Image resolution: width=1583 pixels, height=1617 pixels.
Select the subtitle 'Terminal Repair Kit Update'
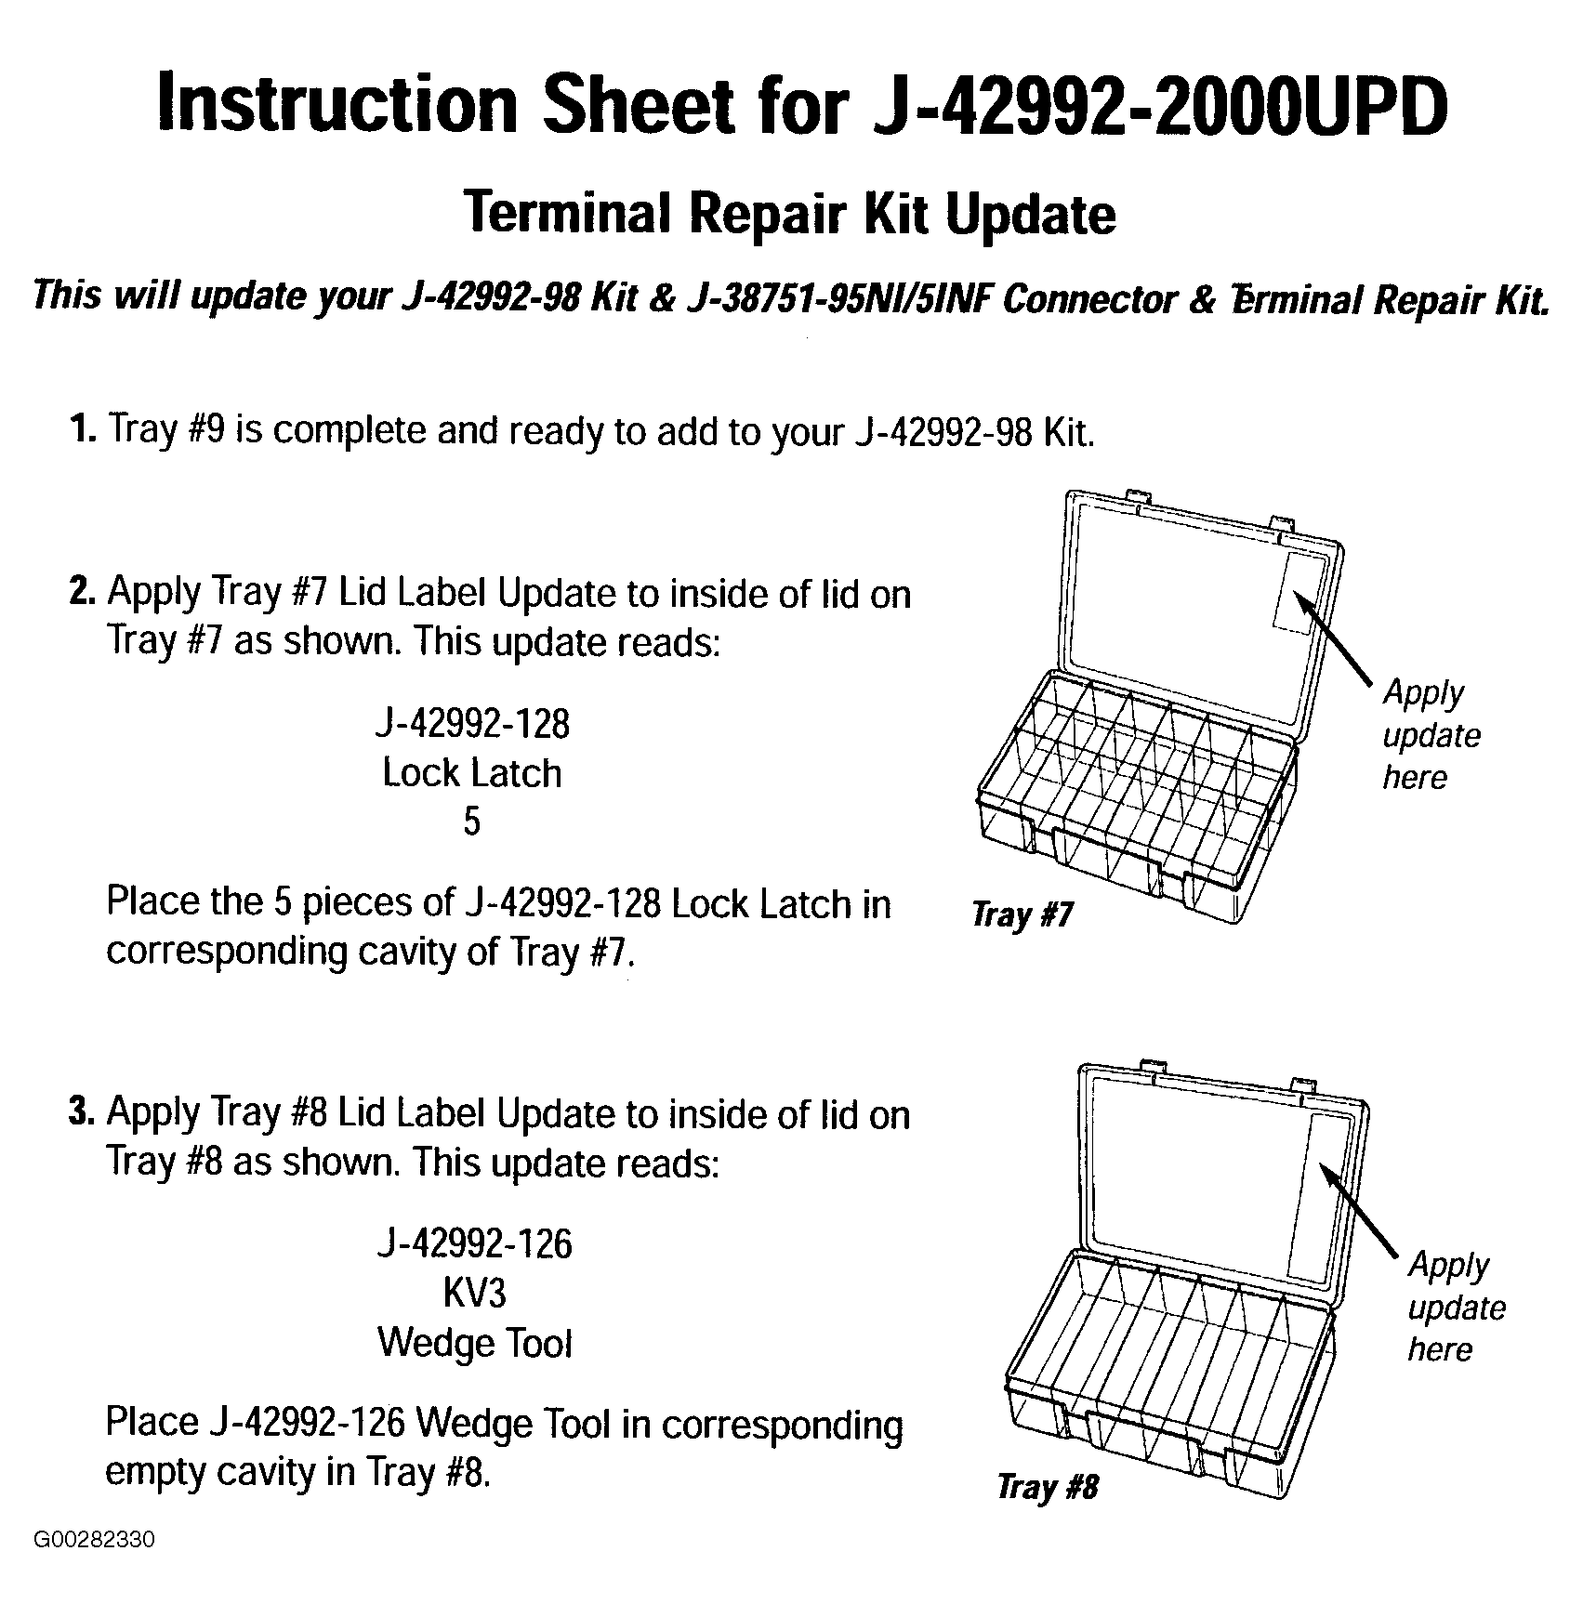pyautogui.click(x=790, y=215)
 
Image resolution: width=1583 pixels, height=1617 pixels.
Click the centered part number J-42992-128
pyautogui.click(x=472, y=723)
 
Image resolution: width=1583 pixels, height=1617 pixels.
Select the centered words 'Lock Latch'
pyautogui.click(x=472, y=772)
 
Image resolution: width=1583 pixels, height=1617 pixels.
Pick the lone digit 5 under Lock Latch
pyautogui.click(x=472, y=822)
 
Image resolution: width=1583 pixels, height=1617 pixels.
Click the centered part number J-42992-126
pyautogui.click(x=474, y=1243)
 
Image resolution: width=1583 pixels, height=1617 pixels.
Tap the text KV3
pyautogui.click(x=474, y=1293)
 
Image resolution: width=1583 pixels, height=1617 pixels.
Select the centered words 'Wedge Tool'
pyautogui.click(x=474, y=1343)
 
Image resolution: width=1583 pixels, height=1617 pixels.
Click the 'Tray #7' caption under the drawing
pyautogui.click(x=1022, y=915)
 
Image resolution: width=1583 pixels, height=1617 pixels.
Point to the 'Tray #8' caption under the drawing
pyautogui.click(x=1048, y=1488)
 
